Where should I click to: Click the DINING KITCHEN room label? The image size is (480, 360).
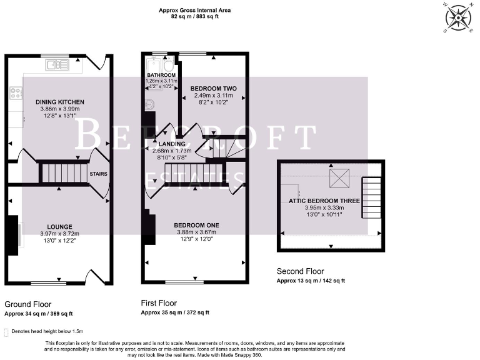click(x=59, y=101)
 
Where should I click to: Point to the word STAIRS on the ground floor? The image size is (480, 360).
click(x=97, y=174)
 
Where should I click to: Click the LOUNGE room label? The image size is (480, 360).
click(x=59, y=226)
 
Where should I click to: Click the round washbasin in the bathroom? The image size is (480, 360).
click(x=149, y=105)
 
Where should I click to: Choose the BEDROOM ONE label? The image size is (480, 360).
click(x=196, y=225)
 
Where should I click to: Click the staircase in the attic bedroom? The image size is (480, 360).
click(x=371, y=197)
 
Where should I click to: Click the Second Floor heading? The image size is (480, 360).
click(x=301, y=271)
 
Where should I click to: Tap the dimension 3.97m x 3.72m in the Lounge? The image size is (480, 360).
click(x=59, y=233)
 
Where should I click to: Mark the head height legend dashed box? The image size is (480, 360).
click(x=6, y=331)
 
